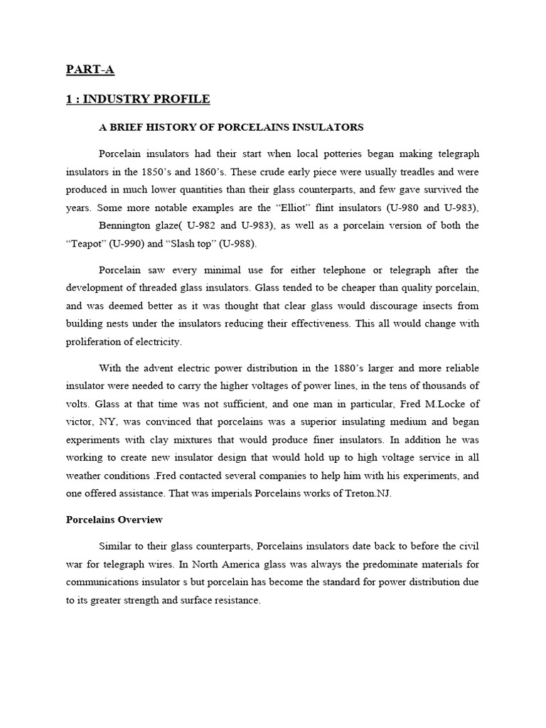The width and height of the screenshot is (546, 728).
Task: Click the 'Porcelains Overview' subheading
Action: pos(114,520)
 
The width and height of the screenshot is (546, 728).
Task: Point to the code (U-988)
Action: pos(239,243)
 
